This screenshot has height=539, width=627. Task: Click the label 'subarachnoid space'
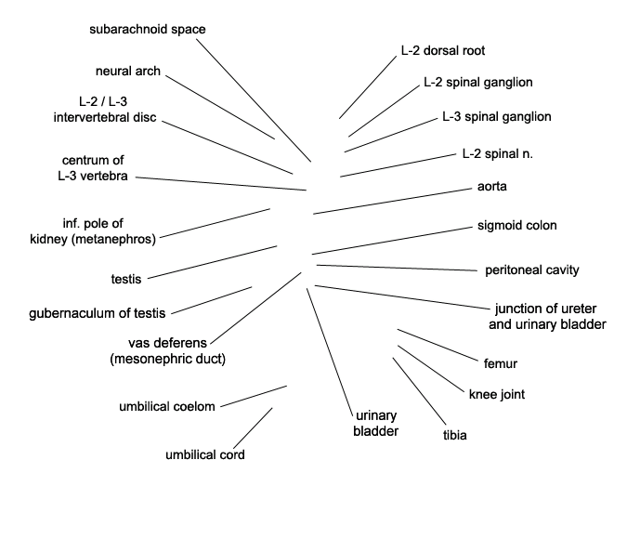(x=148, y=29)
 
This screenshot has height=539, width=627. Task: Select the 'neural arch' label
(x=128, y=71)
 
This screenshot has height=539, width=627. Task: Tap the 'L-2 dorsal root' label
(x=443, y=50)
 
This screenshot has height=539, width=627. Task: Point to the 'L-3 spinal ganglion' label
(x=497, y=116)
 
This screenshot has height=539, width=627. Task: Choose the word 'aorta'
(x=491, y=186)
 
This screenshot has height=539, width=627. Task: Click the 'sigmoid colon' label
(x=517, y=225)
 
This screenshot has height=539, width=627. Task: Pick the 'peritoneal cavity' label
(x=532, y=270)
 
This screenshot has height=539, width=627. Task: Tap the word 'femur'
(x=501, y=363)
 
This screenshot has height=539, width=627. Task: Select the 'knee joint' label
(x=497, y=395)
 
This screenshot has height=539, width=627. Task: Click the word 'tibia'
(x=454, y=435)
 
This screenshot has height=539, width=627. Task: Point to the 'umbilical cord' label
(x=205, y=454)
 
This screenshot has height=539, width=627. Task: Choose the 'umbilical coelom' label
(x=167, y=406)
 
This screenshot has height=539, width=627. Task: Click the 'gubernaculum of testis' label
(x=98, y=313)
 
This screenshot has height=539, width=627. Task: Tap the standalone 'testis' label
(x=126, y=279)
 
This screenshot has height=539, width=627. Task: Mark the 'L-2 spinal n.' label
(x=498, y=153)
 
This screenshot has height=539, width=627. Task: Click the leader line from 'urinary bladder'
(x=330, y=352)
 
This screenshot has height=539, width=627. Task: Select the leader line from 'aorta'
(x=392, y=202)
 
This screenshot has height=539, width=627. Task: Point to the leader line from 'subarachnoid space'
(x=254, y=100)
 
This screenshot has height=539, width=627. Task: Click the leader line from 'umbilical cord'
(x=253, y=428)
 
